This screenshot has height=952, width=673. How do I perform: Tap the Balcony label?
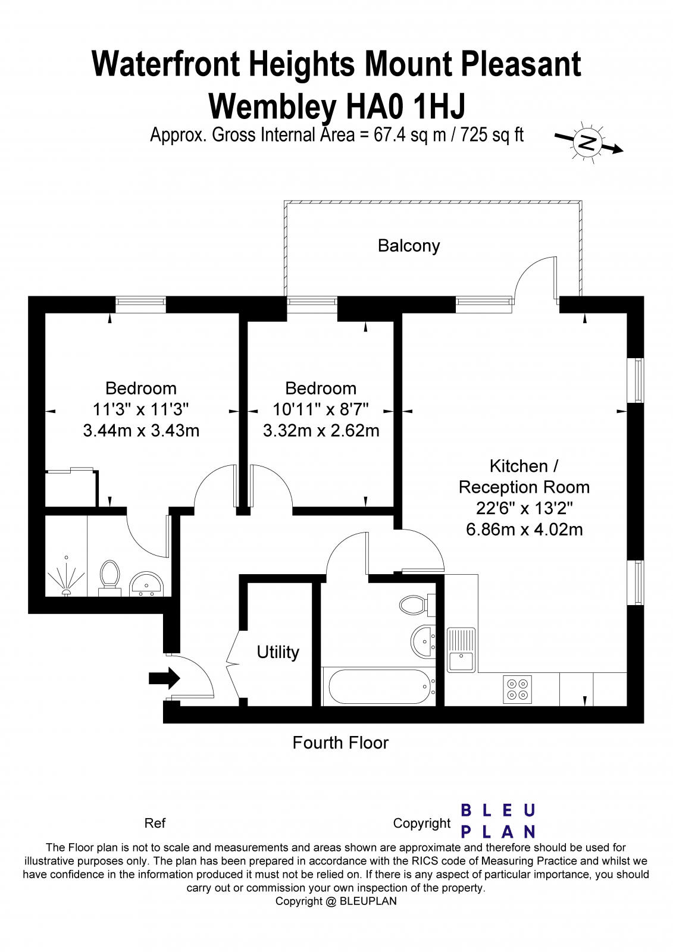point(409,246)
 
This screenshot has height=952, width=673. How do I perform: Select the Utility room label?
point(278,652)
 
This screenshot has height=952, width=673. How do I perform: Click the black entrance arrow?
point(164,678)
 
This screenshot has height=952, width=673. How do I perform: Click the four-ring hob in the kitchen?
point(518,690)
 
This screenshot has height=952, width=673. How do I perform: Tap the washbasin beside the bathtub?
point(424,642)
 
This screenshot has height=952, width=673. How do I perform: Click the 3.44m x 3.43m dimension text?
point(141,431)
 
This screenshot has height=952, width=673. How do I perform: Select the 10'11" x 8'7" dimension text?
point(321,409)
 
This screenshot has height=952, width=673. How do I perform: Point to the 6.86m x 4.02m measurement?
point(524,530)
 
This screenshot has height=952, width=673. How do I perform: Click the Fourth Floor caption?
point(340,743)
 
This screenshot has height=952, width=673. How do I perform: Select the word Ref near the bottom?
point(155,823)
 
